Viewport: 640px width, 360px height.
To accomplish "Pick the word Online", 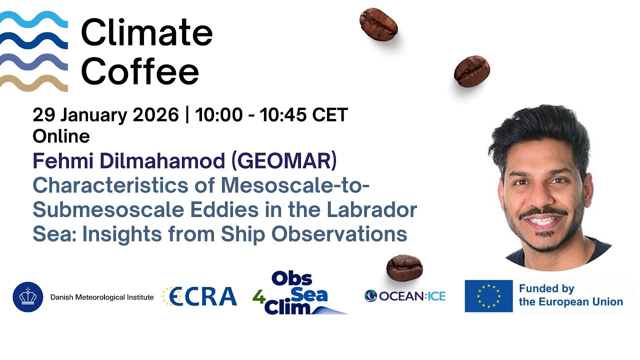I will coord(61,136).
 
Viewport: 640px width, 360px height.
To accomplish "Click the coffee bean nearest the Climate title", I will coord(378,24).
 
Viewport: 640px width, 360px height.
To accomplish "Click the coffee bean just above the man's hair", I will coord(471,71).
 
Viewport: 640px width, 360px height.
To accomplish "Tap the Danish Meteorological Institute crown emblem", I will coord(28,297).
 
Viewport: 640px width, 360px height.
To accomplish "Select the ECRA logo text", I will coord(200,296).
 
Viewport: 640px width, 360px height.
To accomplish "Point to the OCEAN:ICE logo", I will coord(405,296).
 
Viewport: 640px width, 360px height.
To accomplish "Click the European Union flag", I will coord(488,296).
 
